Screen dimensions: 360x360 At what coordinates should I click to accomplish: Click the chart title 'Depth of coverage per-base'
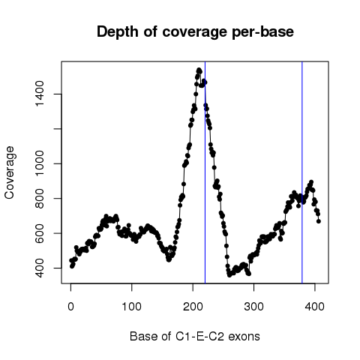tap(195, 32)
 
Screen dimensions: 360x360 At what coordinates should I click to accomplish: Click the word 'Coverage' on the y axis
tap(9, 172)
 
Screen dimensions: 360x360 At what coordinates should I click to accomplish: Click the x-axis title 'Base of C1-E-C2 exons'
tap(195, 336)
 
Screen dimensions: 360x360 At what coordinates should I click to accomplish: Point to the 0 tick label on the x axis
tap(70, 307)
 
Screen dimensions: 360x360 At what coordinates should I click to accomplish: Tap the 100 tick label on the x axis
tap(131, 307)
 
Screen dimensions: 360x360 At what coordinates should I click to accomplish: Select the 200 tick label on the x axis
tap(193, 307)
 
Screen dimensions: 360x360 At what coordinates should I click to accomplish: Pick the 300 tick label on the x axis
tap(253, 307)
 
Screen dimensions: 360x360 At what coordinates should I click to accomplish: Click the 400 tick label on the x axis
tap(315, 307)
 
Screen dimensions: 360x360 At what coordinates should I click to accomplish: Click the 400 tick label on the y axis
tap(40, 268)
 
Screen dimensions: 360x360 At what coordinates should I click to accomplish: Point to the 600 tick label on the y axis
tap(40, 233)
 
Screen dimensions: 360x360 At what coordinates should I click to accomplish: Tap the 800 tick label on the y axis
tap(40, 199)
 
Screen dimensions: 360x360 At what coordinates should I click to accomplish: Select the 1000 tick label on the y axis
tap(40, 163)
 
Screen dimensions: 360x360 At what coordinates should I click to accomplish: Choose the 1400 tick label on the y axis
tap(40, 94)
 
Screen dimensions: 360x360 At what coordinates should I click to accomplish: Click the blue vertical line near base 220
tap(205, 172)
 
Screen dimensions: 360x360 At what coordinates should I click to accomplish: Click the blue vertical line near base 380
tap(302, 172)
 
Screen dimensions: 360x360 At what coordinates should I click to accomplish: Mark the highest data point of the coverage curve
tap(199, 70)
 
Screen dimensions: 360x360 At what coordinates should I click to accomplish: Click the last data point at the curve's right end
tap(319, 221)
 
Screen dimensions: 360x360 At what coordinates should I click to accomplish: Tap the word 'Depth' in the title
tap(118, 32)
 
